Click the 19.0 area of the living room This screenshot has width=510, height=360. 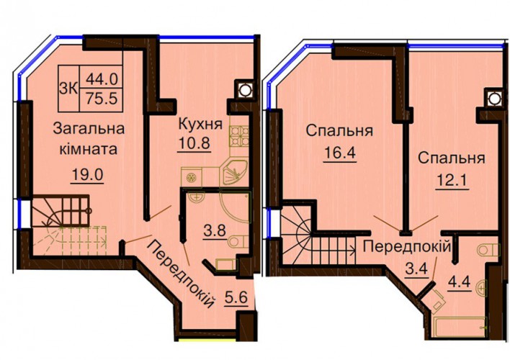click(87, 175)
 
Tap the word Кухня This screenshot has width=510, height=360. click(201, 124)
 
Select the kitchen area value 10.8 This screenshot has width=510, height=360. click(194, 143)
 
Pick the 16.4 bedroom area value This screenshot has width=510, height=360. click(340, 153)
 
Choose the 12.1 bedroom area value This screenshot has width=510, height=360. click(452, 180)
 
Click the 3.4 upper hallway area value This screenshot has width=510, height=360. click(416, 269)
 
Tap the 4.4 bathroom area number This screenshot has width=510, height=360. click(460, 282)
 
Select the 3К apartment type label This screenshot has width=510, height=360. click(68, 89)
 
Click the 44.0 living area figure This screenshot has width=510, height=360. click(102, 79)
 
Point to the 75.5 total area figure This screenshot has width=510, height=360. click(102, 98)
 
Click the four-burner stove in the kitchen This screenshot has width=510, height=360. click(240, 136)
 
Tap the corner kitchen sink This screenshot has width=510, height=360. click(233, 171)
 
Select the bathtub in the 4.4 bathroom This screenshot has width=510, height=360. click(460, 326)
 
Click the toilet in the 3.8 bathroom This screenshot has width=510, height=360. click(238, 242)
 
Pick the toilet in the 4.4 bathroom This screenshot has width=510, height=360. click(488, 251)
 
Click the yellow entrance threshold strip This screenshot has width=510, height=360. click(207, 341)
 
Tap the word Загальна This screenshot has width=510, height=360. click(89, 129)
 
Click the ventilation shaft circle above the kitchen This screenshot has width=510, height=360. click(244, 89)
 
